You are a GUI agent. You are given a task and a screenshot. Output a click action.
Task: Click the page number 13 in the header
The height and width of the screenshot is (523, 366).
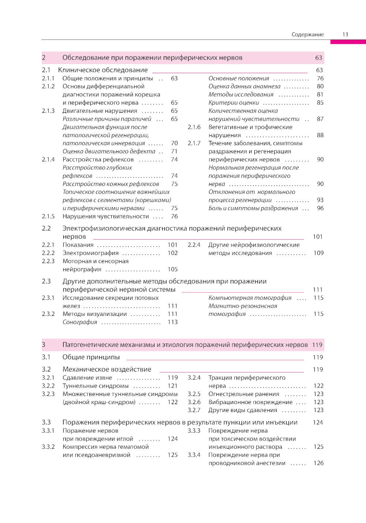pos(345,34)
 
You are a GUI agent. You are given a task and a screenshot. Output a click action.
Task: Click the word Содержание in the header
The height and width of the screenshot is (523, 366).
pos(307,34)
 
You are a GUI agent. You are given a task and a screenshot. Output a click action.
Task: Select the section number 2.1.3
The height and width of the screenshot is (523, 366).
pos(48,111)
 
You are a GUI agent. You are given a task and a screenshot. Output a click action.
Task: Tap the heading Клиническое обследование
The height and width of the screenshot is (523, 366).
pos(103,70)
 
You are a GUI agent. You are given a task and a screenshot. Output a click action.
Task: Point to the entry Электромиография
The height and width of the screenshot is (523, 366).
pos(90,253)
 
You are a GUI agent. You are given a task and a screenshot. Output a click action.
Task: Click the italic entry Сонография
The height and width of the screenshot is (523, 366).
pos(80,322)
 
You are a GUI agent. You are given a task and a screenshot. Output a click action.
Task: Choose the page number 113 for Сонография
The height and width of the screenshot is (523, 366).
pos(172,322)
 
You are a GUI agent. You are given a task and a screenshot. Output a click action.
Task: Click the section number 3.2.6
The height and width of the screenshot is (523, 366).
pos(194,402)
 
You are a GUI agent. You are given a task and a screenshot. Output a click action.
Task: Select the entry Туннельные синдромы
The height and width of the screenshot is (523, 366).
pos(96,386)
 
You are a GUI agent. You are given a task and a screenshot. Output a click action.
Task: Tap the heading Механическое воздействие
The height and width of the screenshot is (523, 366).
pos(107,369)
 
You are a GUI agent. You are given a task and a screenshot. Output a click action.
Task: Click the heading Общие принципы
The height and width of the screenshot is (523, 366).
pos(91,357)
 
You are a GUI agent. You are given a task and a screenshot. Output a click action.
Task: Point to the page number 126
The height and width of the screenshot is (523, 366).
pos(318,463)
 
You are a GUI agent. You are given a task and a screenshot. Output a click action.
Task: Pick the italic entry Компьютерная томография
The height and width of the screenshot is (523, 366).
pos(250,298)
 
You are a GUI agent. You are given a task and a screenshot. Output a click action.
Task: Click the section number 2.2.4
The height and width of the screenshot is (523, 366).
pos(194,245)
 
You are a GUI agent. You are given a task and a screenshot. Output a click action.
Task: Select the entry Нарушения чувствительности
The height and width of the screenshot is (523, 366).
pos(105,216)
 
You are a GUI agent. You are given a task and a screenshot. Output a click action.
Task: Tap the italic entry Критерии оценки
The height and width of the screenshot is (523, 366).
pos(234,103)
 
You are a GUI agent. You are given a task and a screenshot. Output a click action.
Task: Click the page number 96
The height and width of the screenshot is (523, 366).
pos(320,208)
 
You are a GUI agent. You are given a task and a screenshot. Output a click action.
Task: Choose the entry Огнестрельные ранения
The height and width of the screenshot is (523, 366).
pos(244,394)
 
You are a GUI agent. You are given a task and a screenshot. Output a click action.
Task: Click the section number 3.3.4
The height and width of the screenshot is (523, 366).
pos(194,455)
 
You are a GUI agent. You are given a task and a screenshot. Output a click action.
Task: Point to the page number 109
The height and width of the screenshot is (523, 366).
pos(318,253)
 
